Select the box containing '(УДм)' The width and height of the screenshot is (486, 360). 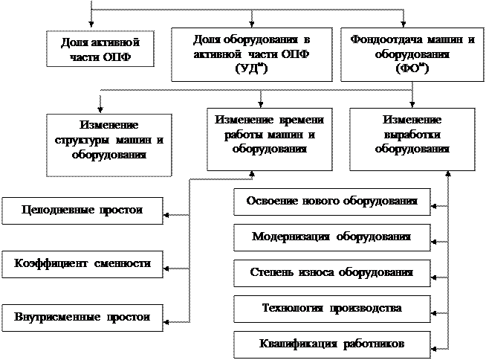pyautogui.click(x=251, y=54)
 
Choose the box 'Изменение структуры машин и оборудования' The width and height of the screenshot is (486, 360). pyautogui.click(x=108, y=144)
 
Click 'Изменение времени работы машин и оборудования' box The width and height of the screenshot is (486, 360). pyautogui.click(x=269, y=134)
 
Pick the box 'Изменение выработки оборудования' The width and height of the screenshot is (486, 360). pyautogui.click(x=412, y=134)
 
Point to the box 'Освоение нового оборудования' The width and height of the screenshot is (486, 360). pyautogui.click(x=331, y=202)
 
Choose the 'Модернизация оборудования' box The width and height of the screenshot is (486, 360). pyautogui.click(x=331, y=237)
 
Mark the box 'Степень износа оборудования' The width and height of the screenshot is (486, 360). pyautogui.click(x=331, y=273)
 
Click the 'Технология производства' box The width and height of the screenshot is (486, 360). pyautogui.click(x=331, y=308)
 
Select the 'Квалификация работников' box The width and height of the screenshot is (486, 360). pyautogui.click(x=331, y=344)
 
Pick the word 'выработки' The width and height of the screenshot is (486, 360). pyautogui.click(x=412, y=134)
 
